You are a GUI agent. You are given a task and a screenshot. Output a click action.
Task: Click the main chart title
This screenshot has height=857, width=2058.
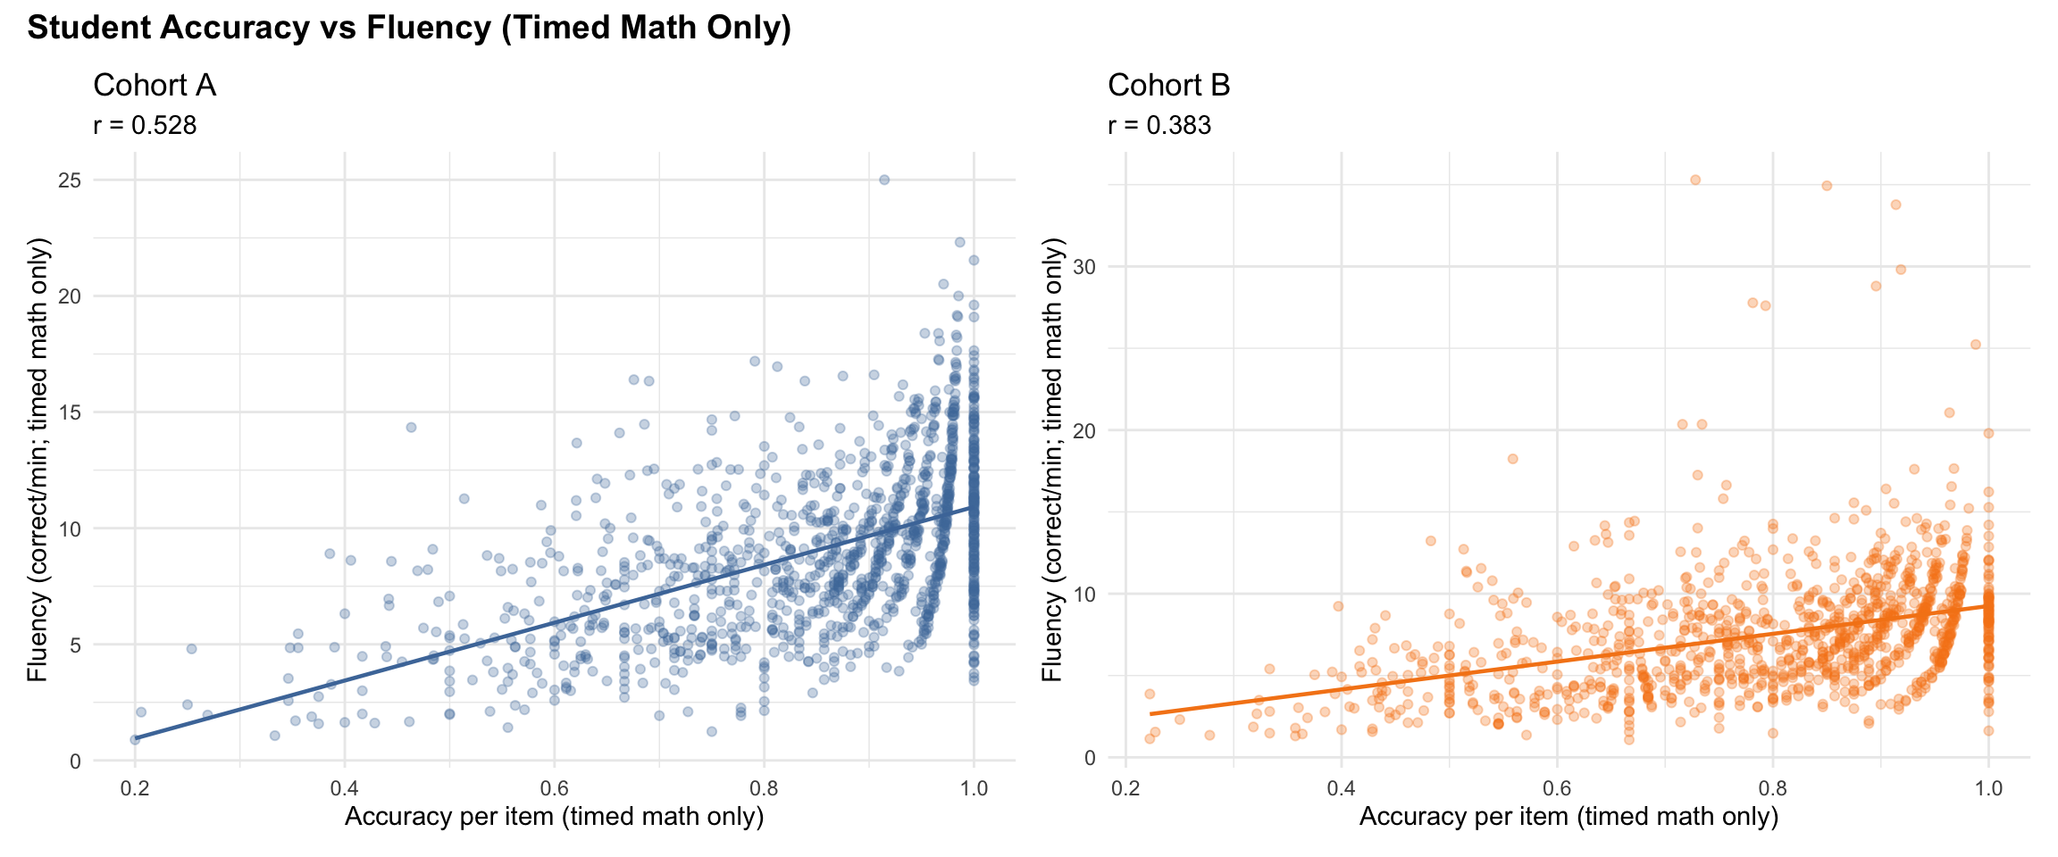pyautogui.click(x=409, y=29)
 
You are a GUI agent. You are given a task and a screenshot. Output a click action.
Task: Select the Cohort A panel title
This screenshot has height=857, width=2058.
pyautogui.click(x=155, y=86)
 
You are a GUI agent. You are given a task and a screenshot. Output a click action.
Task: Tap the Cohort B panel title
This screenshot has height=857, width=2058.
pyautogui.click(x=1168, y=86)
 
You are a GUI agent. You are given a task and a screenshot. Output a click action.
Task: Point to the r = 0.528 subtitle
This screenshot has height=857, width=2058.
pyautogui.click(x=145, y=126)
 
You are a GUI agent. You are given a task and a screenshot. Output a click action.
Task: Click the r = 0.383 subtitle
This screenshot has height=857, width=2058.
pyautogui.click(x=1159, y=126)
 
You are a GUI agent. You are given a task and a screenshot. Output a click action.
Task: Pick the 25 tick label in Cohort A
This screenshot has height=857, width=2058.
pyautogui.click(x=70, y=180)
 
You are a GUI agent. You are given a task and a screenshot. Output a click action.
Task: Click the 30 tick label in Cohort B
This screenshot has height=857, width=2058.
pyautogui.click(x=1084, y=267)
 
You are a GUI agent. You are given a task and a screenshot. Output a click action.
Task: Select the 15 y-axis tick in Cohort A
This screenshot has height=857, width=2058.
pyautogui.click(x=70, y=412)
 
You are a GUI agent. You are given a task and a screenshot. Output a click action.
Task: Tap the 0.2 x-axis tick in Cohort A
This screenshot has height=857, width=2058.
pyautogui.click(x=135, y=788)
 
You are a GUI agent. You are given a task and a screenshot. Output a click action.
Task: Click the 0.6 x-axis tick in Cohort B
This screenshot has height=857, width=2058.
pyautogui.click(x=1557, y=788)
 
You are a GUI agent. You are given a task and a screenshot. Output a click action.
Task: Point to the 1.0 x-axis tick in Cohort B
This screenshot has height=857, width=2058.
pyautogui.click(x=1988, y=788)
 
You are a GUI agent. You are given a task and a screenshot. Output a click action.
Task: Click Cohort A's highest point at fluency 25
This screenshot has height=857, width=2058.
pyautogui.click(x=884, y=179)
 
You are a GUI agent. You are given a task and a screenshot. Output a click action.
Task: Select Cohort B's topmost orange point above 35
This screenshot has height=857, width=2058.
pyautogui.click(x=1695, y=180)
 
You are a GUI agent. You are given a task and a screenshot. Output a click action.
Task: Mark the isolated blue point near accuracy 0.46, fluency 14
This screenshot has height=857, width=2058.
pyautogui.click(x=411, y=428)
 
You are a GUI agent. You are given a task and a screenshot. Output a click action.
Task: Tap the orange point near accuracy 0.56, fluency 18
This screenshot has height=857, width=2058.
pyautogui.click(x=1513, y=459)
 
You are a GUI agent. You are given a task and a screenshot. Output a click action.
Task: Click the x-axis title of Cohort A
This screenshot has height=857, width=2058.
pyautogui.click(x=554, y=817)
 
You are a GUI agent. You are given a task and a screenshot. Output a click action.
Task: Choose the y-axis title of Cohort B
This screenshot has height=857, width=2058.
pyautogui.click(x=1054, y=460)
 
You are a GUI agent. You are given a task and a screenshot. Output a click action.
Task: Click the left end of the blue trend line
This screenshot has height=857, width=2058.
pyautogui.click(x=136, y=738)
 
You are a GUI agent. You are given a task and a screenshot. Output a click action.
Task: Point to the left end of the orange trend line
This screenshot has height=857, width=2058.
pyautogui.click(x=1150, y=714)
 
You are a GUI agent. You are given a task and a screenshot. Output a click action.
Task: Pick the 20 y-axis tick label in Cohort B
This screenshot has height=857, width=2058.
pyautogui.click(x=1084, y=430)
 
